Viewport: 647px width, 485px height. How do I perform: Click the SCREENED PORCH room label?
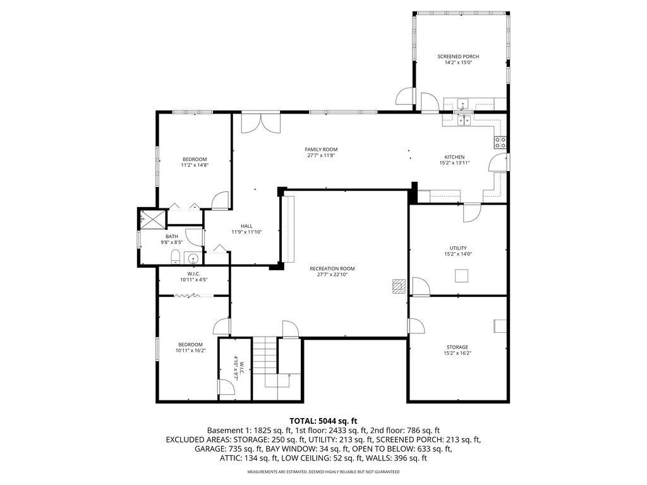click(458, 57)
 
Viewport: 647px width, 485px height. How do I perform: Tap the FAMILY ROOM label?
click(321, 150)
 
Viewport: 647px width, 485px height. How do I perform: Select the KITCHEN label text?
click(454, 157)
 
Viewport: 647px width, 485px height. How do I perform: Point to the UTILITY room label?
click(459, 248)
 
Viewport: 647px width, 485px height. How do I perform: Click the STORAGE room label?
click(457, 347)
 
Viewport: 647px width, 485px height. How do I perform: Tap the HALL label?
click(246, 226)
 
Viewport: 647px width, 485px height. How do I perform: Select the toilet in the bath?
click(175, 256)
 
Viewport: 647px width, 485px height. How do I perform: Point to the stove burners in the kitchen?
click(500, 143)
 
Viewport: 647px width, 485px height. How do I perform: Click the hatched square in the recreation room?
click(397, 285)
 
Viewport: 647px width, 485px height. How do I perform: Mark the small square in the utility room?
click(463, 275)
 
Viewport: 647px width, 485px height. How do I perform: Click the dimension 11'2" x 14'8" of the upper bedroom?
click(195, 165)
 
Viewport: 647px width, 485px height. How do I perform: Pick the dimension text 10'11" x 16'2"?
click(190, 350)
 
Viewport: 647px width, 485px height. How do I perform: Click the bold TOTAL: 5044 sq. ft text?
click(323, 421)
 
